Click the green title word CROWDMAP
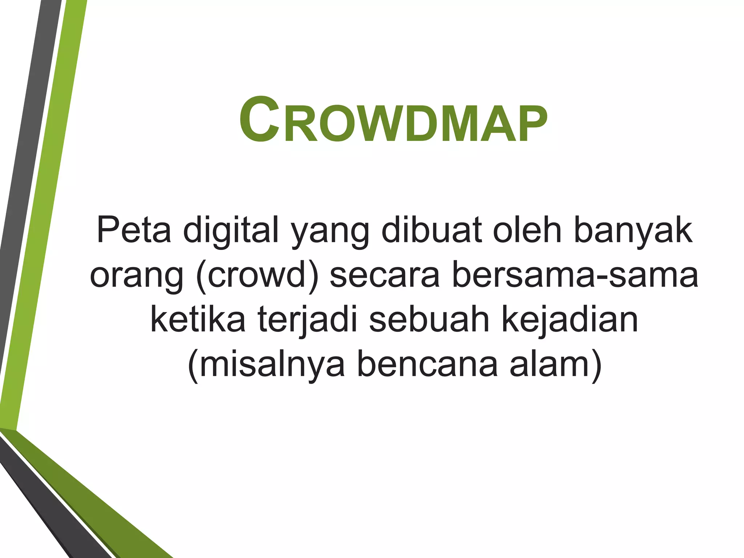pos(393,120)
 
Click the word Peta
pos(134,230)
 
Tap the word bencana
pos(427,364)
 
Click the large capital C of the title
pos(259,120)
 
